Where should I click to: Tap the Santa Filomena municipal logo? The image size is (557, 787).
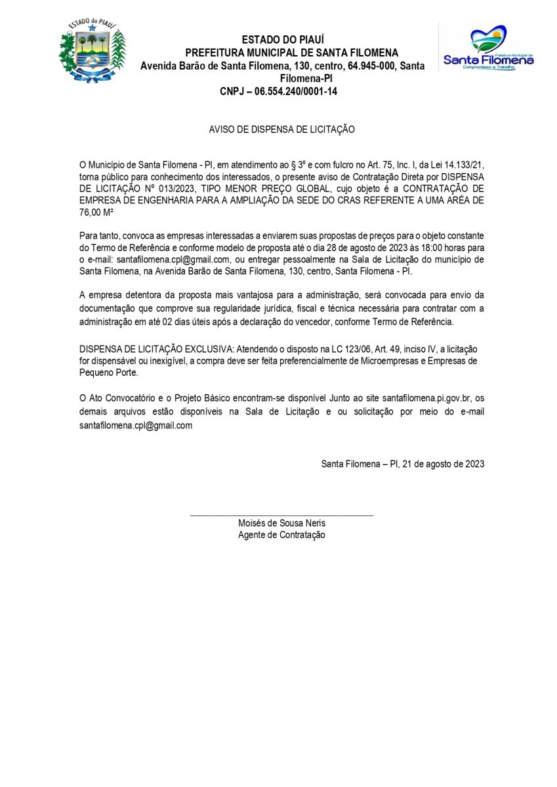(x=488, y=49)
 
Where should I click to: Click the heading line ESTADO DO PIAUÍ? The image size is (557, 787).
(x=283, y=40)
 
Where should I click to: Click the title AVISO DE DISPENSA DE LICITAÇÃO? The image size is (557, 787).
(x=281, y=130)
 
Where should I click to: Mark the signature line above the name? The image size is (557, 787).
(x=281, y=515)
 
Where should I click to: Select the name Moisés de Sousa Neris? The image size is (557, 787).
(x=281, y=523)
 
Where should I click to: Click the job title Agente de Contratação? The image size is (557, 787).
(x=281, y=535)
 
